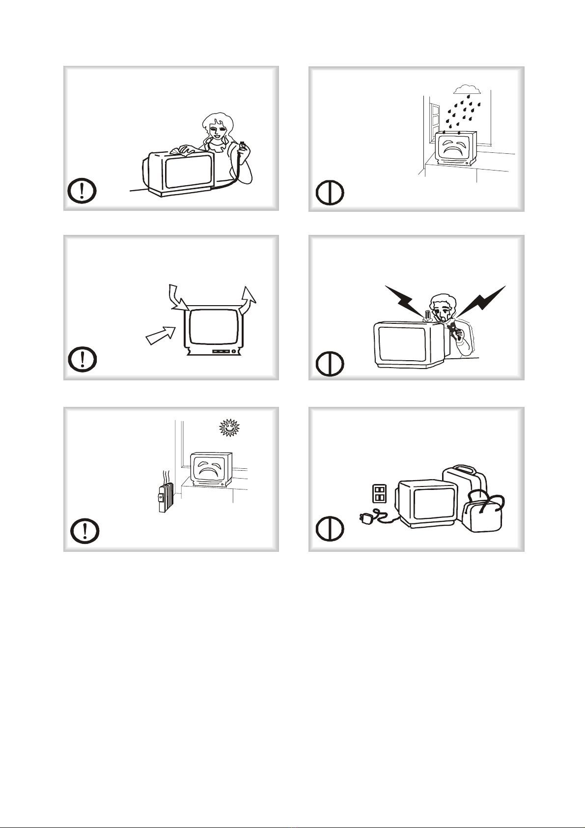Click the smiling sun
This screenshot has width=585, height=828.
228,428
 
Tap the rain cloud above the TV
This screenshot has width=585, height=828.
466,89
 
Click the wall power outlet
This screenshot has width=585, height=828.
379,493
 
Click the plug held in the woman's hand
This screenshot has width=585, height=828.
242,146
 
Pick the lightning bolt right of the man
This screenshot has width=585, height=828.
484,298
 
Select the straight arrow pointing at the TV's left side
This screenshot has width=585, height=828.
161,335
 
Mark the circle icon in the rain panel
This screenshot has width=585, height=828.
330,194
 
